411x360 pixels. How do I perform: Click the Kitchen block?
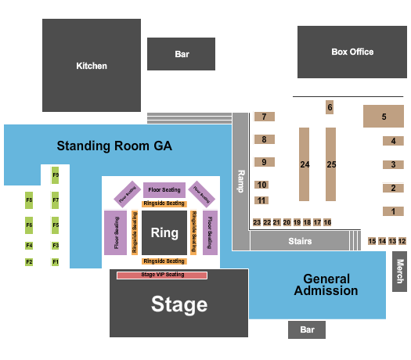[x=91, y=65]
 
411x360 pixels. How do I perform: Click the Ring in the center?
[x=164, y=232]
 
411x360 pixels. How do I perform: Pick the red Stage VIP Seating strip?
[x=162, y=275]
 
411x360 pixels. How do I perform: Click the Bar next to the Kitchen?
[x=182, y=54]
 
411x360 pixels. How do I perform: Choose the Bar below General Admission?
[x=306, y=330]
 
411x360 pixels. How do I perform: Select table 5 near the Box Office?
[x=384, y=117]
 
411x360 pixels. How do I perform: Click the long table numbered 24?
[x=305, y=165]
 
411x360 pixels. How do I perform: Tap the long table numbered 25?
[x=331, y=165]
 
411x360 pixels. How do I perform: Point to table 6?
[x=330, y=107]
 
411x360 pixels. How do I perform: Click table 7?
[x=264, y=117]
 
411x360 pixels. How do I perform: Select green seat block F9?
[x=56, y=175]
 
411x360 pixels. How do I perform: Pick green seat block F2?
[x=29, y=261]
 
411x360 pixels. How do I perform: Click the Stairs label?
[x=300, y=241]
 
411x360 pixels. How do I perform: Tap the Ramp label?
[x=241, y=181]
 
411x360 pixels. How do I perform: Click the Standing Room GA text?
[x=114, y=146]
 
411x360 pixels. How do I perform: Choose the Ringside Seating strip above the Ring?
[x=164, y=203]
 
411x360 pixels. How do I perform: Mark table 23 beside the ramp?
[x=257, y=222]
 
